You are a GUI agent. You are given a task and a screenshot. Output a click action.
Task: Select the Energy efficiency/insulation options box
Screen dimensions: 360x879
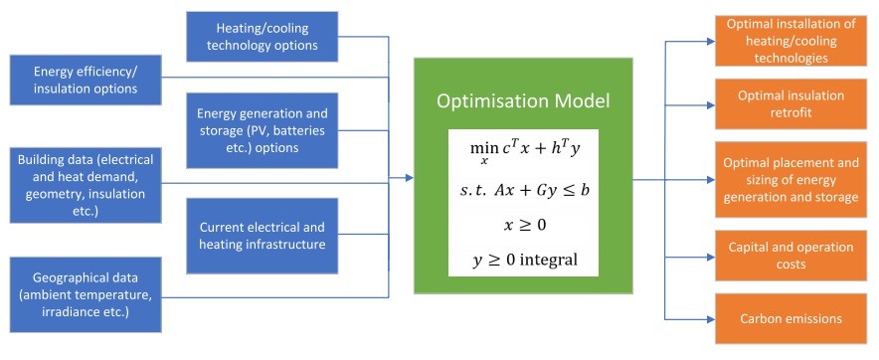point(87,80)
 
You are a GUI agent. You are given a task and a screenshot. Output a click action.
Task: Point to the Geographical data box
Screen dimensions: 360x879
point(87,294)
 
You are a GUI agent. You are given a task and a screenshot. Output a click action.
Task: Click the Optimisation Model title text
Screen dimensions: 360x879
point(522,100)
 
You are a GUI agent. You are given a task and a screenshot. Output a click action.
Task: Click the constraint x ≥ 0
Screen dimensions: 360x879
point(522,225)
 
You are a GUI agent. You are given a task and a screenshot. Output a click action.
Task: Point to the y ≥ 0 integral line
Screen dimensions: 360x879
point(522,262)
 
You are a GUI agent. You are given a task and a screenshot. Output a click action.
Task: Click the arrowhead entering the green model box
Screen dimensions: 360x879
point(409,179)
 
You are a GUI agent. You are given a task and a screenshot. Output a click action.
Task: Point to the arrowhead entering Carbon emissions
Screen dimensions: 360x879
point(709,318)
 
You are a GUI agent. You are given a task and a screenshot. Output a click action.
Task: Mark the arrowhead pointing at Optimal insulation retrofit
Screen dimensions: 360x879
point(709,103)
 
